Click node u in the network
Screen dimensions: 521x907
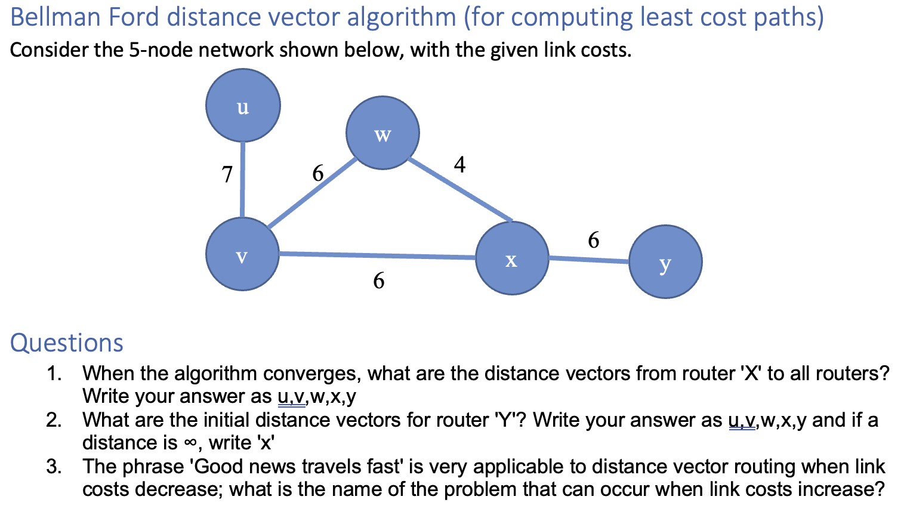[243, 106]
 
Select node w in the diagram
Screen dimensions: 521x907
[382, 133]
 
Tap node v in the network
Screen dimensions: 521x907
[242, 254]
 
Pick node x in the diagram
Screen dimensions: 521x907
[512, 258]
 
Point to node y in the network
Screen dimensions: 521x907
[665, 261]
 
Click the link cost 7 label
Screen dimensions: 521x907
[227, 174]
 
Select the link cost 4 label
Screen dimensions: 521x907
[459, 164]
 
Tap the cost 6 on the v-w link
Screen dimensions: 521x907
[318, 174]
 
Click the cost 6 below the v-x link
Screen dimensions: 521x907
[379, 280]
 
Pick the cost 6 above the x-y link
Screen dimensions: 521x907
[593, 240]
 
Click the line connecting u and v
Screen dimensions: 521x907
[242, 179]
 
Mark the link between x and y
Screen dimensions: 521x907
[588, 260]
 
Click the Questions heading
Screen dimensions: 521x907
[67, 343]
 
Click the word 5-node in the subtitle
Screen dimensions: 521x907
[161, 50]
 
